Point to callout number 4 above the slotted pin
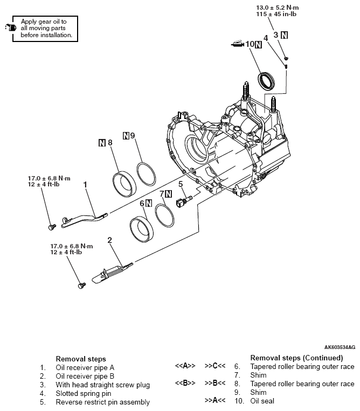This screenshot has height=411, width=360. pos(266,39)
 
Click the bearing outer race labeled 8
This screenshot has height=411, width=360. pos(124,183)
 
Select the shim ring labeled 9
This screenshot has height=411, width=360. pos(146,173)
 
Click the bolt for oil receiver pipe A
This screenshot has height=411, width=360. pos(52,226)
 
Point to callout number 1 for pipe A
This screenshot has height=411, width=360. pos(86,184)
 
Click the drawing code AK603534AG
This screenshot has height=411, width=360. pos(340,347)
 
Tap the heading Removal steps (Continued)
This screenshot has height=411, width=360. pos(296,358)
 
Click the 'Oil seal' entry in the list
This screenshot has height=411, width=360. pos(262,401)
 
